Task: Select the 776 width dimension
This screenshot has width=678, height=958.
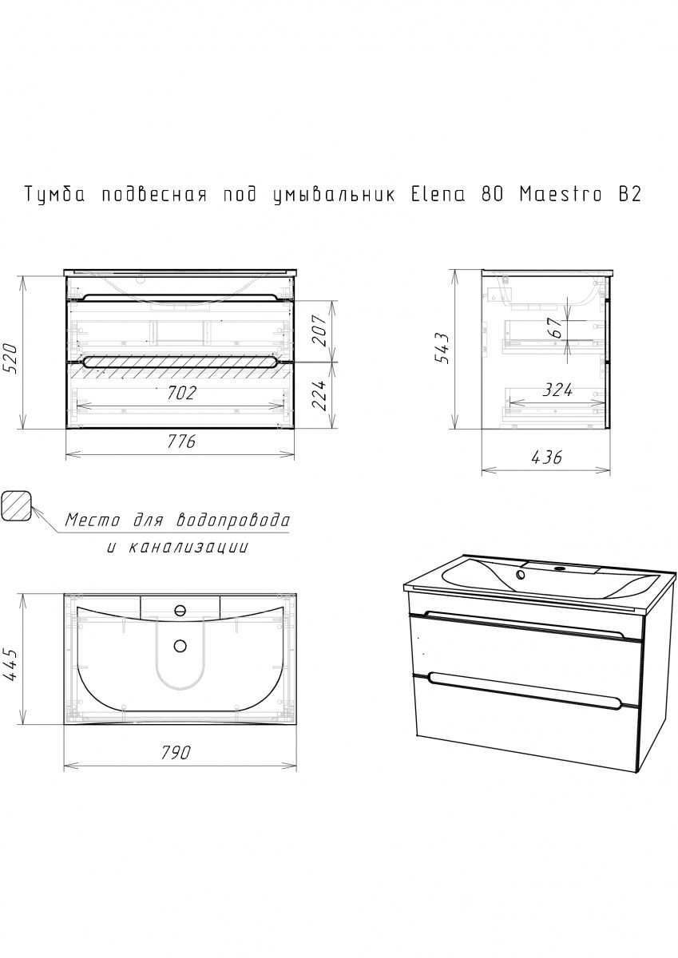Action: (181, 441)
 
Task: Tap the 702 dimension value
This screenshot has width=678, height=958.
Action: (181, 393)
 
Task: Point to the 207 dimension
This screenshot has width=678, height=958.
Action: (319, 331)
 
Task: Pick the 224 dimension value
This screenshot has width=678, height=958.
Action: (319, 394)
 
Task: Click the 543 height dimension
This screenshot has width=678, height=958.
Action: (443, 348)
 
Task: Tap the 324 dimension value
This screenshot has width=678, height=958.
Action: (557, 390)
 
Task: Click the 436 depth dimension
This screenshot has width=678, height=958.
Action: (546, 457)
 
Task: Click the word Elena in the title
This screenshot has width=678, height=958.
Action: (438, 195)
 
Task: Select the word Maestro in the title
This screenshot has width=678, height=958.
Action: (561, 195)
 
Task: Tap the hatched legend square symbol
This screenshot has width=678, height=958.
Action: (17, 506)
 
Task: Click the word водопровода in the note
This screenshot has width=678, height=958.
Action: (233, 521)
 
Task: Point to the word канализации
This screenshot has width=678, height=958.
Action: (188, 548)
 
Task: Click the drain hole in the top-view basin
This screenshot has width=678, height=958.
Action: (180, 646)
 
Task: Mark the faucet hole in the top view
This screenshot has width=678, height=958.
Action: (180, 609)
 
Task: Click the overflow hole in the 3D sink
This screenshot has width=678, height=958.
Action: (521, 574)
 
